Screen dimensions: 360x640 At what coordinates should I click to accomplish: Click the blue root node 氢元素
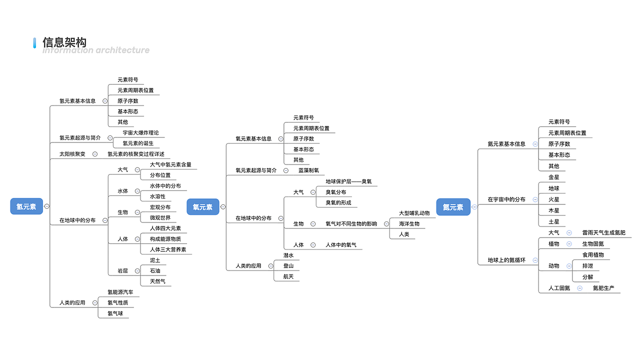point(26,206)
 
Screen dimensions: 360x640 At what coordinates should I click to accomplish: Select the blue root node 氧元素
point(202,207)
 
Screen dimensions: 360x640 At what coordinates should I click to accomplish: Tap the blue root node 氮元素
point(452,207)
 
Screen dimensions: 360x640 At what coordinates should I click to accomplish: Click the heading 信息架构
point(64,42)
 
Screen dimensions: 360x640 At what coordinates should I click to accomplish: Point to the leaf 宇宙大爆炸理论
point(140,132)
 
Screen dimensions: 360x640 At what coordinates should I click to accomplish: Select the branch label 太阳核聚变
point(72,154)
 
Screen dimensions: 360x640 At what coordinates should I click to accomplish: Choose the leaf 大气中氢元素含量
point(170,164)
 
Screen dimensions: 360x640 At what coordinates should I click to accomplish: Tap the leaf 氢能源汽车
point(120,292)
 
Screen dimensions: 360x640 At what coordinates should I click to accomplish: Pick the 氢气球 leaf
point(115,313)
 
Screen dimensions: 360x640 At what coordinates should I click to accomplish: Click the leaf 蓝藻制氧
point(308,170)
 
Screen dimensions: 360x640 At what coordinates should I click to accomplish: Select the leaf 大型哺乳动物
point(414,213)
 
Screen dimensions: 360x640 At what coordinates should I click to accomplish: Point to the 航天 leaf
point(288,276)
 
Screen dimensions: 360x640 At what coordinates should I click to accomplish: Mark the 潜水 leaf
point(288,255)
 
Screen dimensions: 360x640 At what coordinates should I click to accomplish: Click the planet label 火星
point(553,199)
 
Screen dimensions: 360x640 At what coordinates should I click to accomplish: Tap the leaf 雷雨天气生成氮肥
point(603,232)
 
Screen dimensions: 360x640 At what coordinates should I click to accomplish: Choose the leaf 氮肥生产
point(603,288)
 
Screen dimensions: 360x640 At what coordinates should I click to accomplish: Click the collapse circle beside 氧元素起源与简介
point(286,170)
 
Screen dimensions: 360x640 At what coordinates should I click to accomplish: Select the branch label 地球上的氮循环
point(506,260)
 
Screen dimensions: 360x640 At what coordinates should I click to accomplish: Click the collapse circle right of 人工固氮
point(579,288)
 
